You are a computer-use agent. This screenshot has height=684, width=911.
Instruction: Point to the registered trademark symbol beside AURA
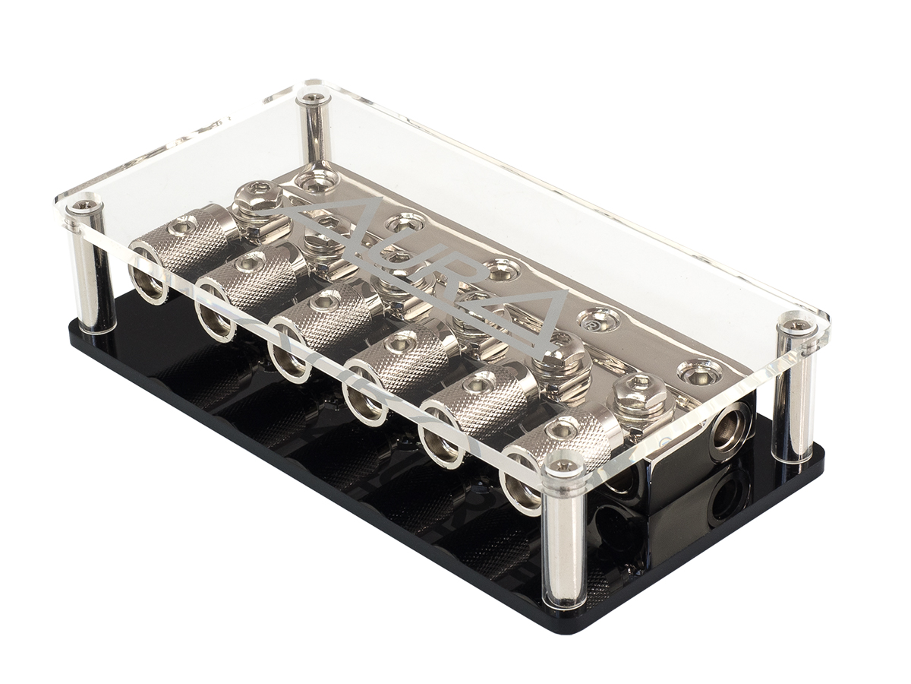click(590, 321)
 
